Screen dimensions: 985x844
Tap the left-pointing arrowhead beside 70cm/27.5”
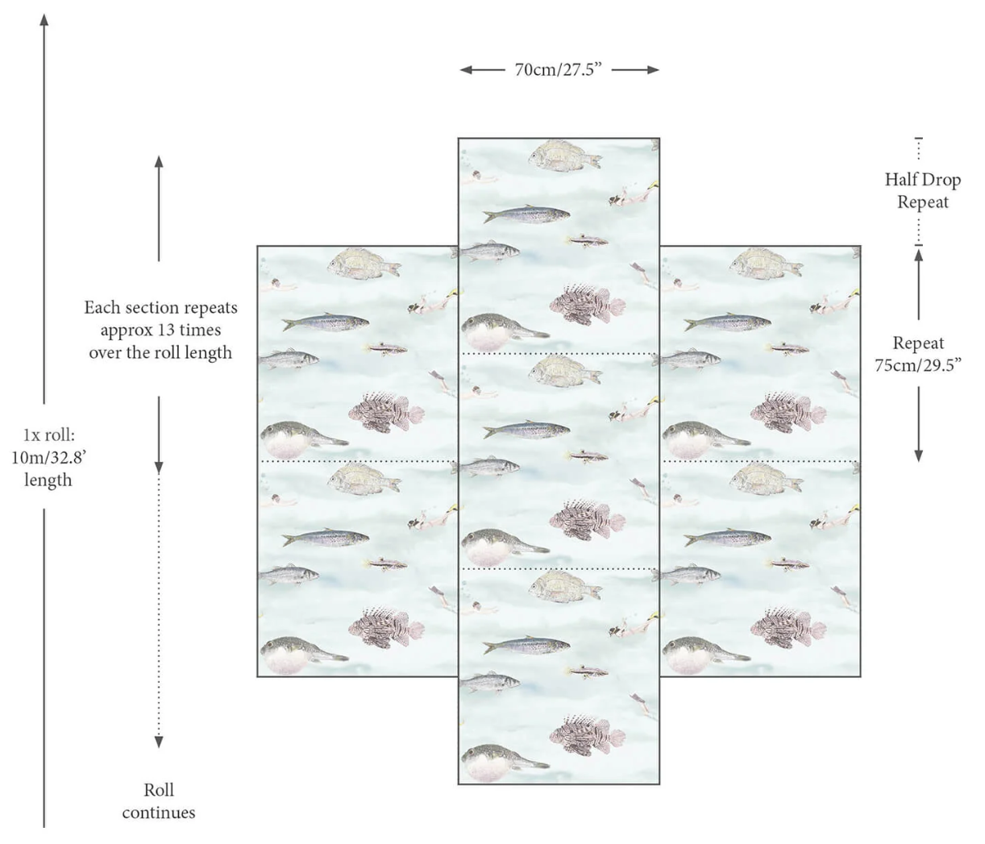pyautogui.click(x=466, y=70)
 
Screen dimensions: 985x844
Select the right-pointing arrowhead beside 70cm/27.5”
pyautogui.click(x=654, y=70)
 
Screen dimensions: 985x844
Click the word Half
pyautogui.click(x=900, y=180)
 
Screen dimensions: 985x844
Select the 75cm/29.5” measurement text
pyautogui.click(x=918, y=365)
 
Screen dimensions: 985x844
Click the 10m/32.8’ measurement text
pyautogui.click(x=48, y=458)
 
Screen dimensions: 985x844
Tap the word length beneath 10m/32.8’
pyautogui.click(x=48, y=480)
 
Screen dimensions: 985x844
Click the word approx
pyautogui.click(x=126, y=331)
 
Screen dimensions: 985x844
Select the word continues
pyautogui.click(x=159, y=813)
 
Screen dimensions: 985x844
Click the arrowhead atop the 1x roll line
pyautogui.click(x=44, y=19)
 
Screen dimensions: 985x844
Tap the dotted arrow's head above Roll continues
pyautogui.click(x=159, y=742)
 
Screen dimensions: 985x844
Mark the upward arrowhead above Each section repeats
pyautogui.click(x=159, y=161)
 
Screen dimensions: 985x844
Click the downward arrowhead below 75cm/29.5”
pyautogui.click(x=919, y=456)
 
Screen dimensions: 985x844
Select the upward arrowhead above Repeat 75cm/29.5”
pyautogui.click(x=919, y=255)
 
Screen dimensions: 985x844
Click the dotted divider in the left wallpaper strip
pyautogui.click(x=357, y=461)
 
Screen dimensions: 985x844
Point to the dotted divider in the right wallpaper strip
pyautogui.click(x=760, y=461)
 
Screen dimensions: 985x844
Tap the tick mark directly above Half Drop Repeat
pyautogui.click(x=919, y=138)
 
